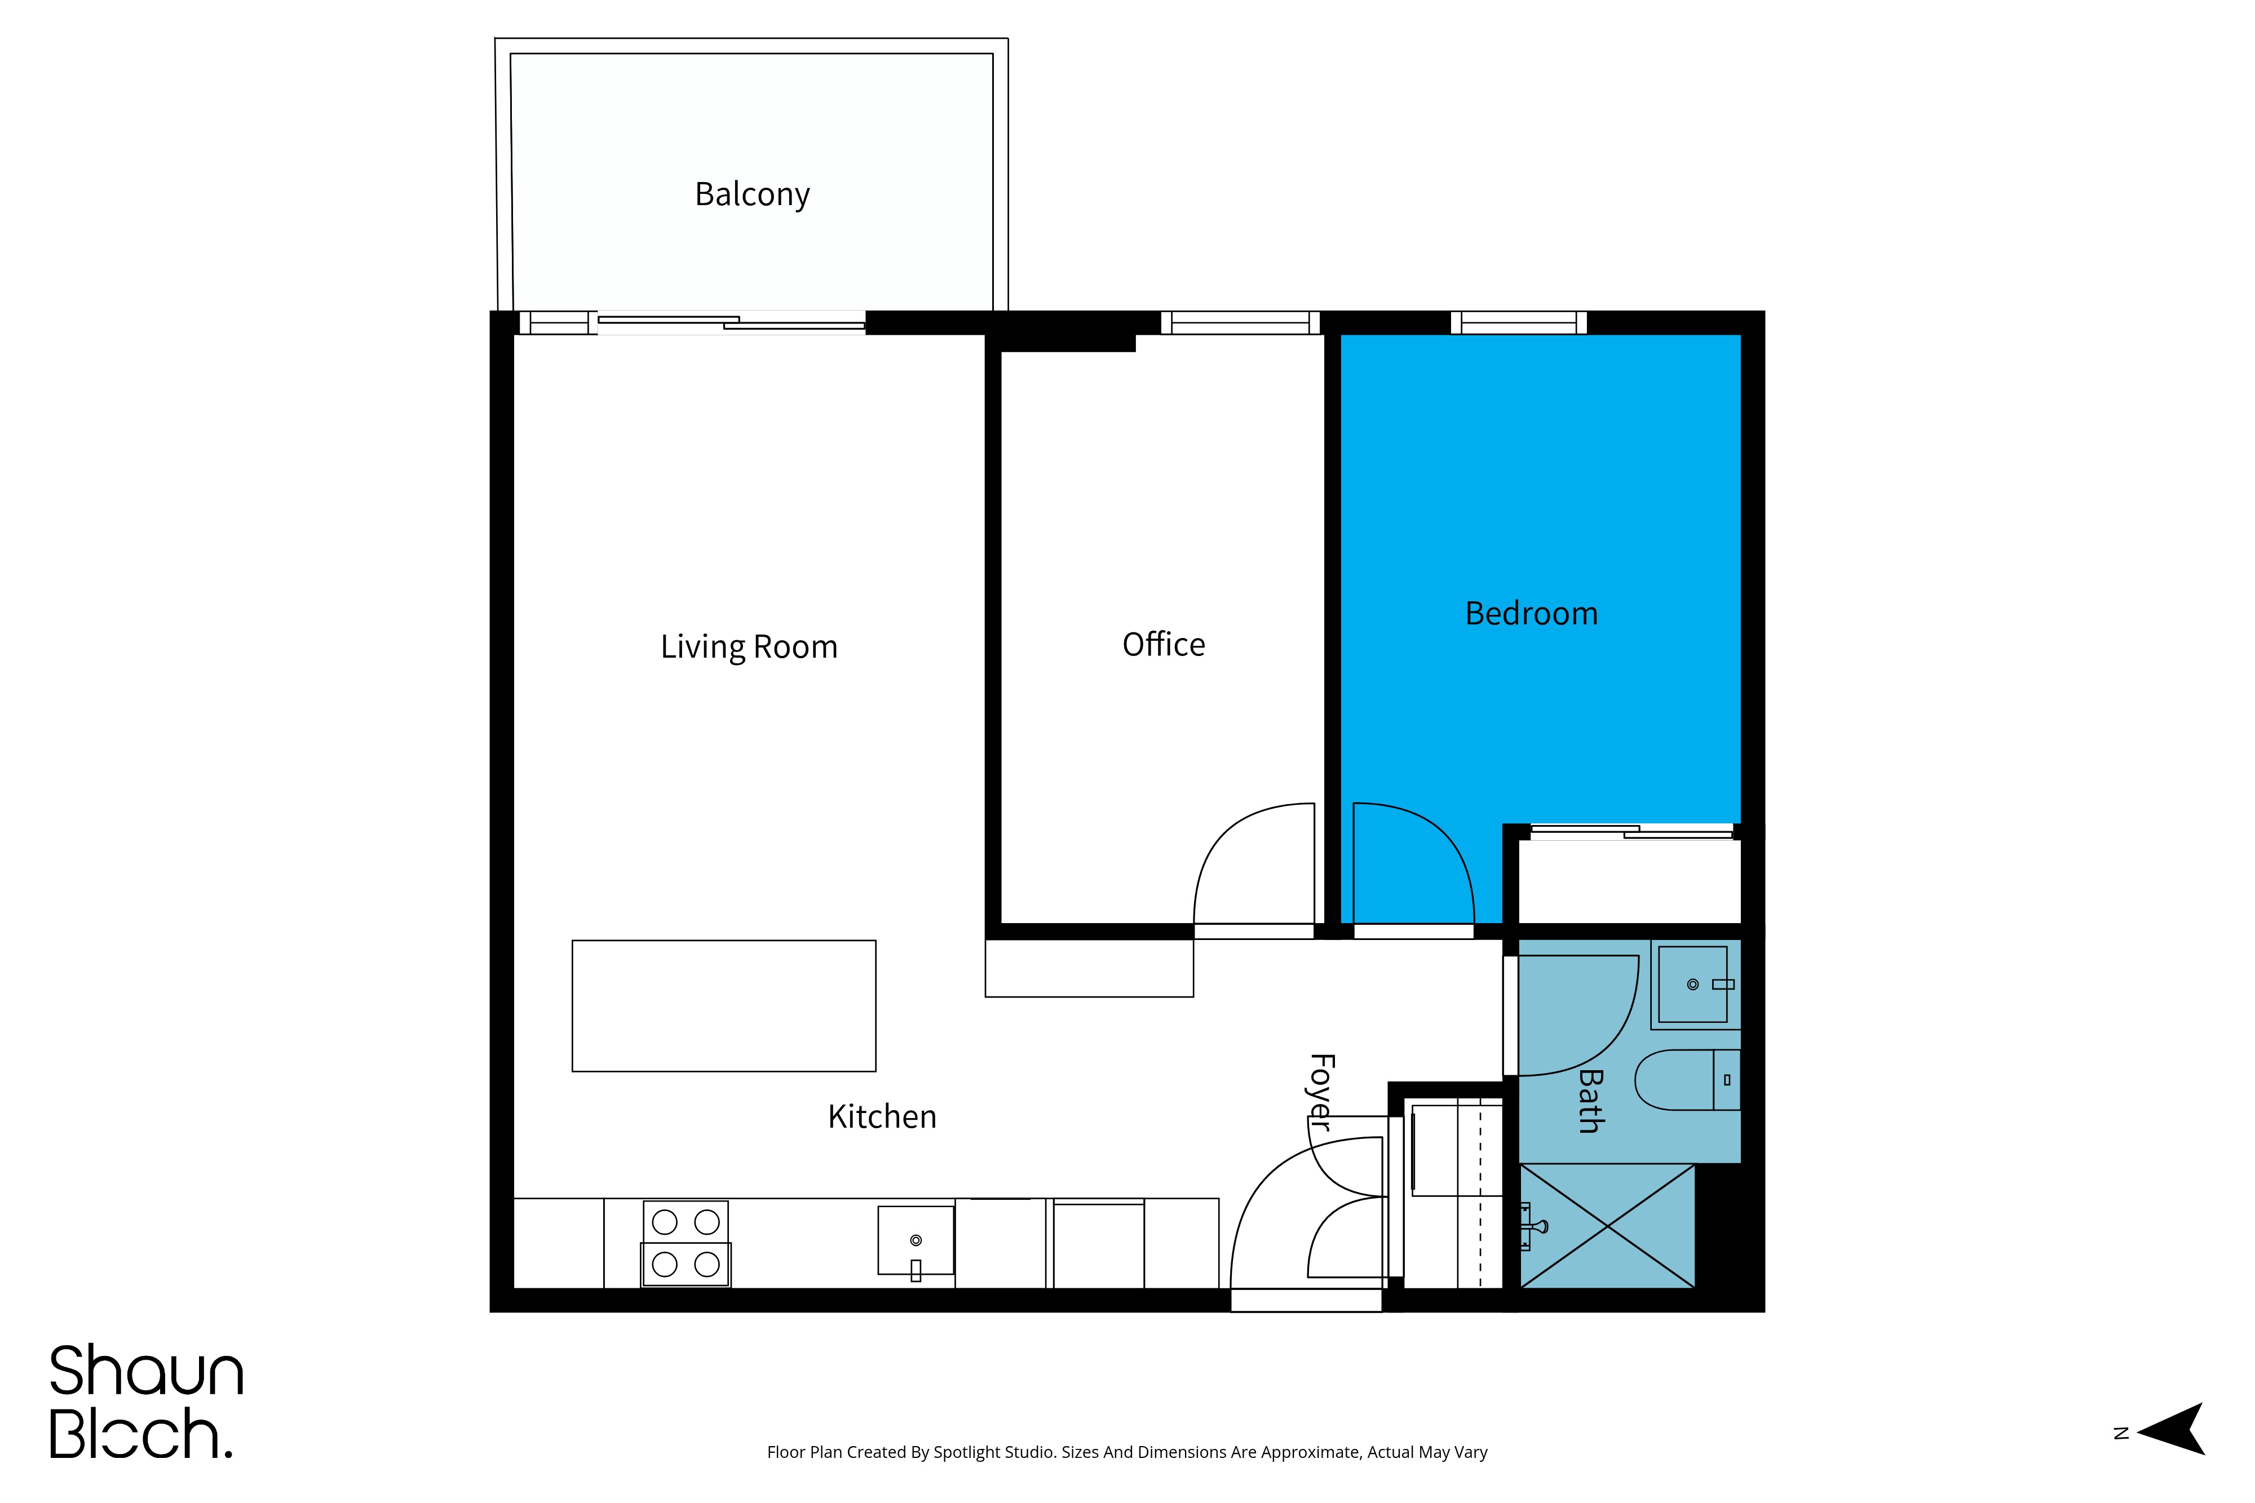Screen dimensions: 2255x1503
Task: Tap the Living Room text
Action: click(749, 647)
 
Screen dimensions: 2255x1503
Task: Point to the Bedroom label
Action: click(1531, 614)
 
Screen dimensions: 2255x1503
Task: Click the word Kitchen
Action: click(882, 1117)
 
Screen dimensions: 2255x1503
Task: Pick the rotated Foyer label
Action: click(1321, 1093)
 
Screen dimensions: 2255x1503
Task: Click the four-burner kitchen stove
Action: click(686, 1243)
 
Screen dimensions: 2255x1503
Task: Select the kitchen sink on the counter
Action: click(916, 1242)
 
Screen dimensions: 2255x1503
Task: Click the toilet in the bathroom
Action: click(1687, 1079)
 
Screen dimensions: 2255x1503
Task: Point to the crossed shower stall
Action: click(1607, 1226)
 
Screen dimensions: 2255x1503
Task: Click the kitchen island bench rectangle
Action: click(724, 1005)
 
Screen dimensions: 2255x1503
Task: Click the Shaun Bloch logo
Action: click(147, 1402)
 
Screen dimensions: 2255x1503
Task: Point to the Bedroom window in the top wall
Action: click(1519, 323)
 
